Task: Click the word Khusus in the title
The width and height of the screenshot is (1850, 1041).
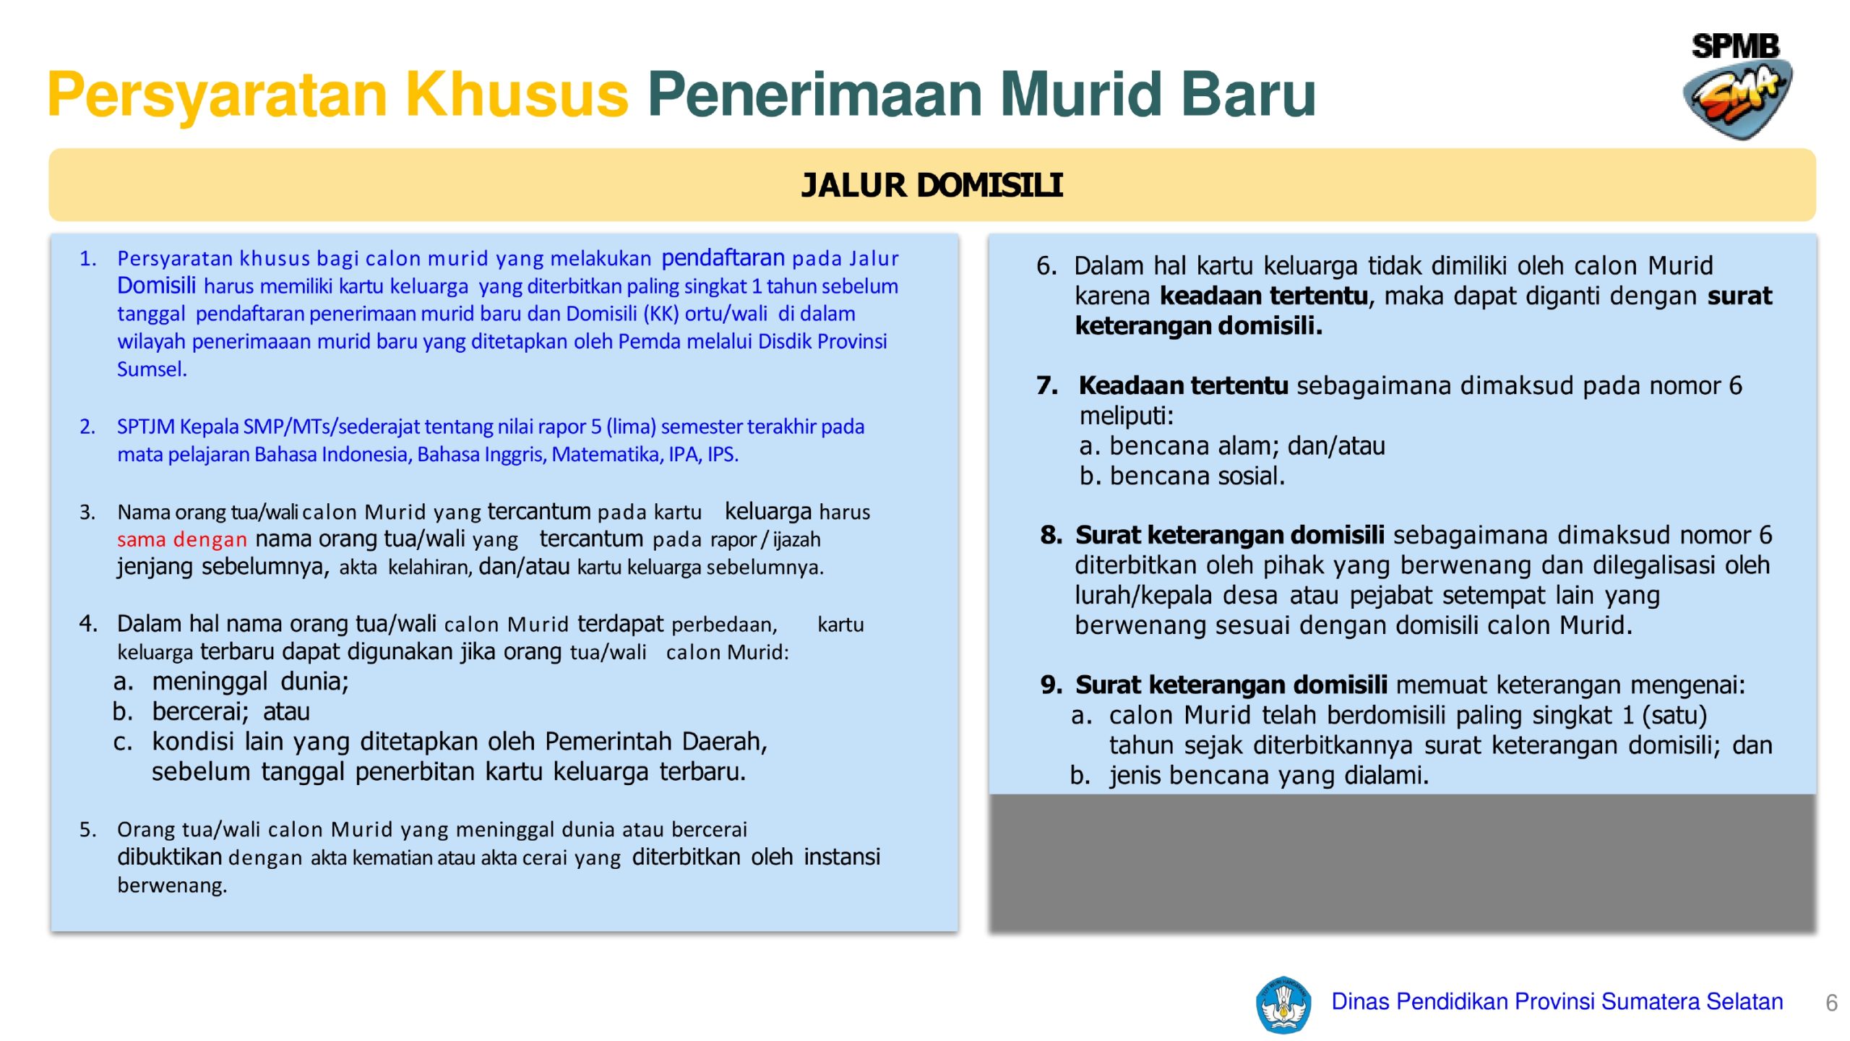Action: click(x=517, y=95)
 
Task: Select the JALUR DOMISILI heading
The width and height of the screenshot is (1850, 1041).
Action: click(x=932, y=185)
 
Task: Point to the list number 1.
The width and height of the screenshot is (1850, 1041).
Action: click(x=87, y=259)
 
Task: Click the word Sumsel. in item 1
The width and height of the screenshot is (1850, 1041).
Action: click(x=152, y=369)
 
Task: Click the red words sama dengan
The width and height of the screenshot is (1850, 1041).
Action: click(x=182, y=539)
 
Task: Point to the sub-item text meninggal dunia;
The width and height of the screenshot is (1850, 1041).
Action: click(x=250, y=682)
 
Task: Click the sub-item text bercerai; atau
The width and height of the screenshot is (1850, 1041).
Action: click(x=231, y=712)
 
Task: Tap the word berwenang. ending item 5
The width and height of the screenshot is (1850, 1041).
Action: click(x=172, y=886)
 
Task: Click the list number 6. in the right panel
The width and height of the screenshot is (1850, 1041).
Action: click(x=1046, y=266)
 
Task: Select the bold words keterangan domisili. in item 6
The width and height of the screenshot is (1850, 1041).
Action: click(x=1198, y=326)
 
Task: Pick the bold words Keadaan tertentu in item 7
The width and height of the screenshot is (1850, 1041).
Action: click(x=1183, y=386)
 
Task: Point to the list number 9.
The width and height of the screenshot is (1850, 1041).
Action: click(x=1051, y=685)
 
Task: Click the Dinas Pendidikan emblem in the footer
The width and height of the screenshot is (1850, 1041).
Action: click(x=1283, y=1004)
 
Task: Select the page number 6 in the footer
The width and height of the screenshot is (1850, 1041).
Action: click(x=1831, y=1003)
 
